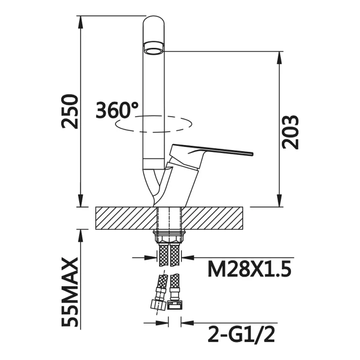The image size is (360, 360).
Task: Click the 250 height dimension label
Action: (70, 111)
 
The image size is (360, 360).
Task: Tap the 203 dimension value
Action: (290, 132)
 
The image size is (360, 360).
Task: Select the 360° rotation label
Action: (117, 110)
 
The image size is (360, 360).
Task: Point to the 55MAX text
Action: (70, 292)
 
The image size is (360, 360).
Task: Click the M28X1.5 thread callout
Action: (250, 269)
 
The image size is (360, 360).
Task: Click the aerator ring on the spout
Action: (154, 48)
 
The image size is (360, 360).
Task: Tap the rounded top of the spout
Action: (154, 20)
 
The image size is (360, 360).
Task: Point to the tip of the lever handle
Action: (253, 154)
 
